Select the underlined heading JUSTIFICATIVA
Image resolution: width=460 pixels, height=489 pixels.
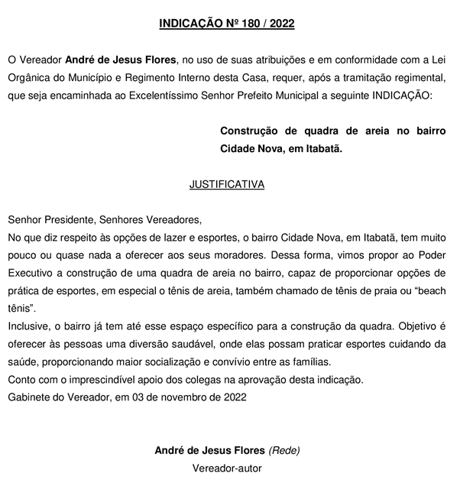[226, 184]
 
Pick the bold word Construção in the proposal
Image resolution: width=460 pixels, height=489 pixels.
[249, 132]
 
